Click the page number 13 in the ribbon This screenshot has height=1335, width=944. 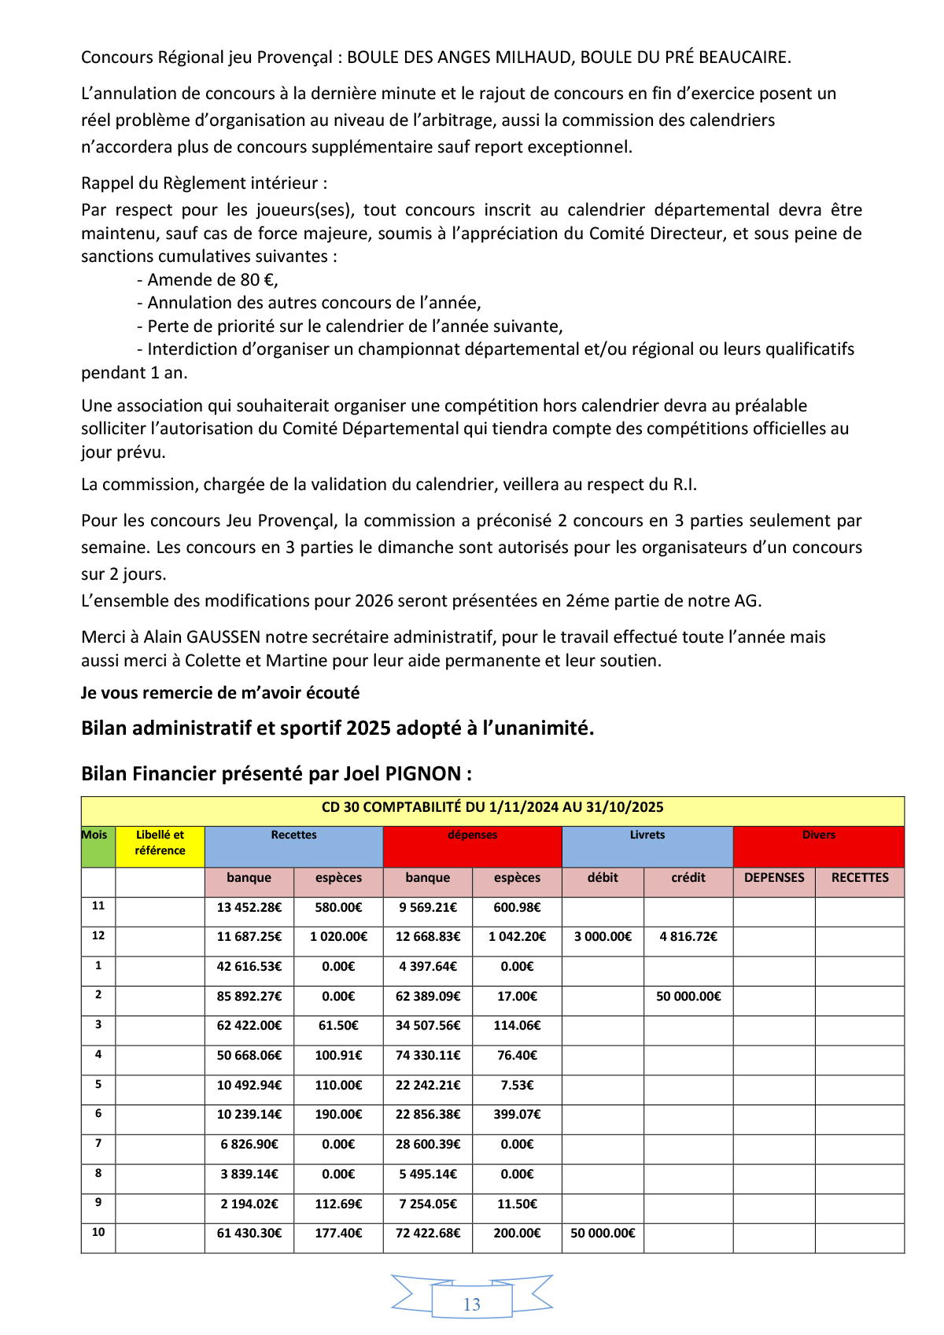[x=472, y=1304]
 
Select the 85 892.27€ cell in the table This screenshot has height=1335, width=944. [x=249, y=996]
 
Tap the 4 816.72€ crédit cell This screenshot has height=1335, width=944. [x=688, y=936]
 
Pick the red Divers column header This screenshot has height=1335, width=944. [x=818, y=835]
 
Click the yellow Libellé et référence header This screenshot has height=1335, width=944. [x=160, y=843]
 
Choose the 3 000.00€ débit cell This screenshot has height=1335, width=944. [x=603, y=936]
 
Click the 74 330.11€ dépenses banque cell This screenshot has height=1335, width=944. [x=428, y=1055]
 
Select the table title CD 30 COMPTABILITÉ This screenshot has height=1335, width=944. [x=492, y=807]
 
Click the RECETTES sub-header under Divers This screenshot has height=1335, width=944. [x=860, y=877]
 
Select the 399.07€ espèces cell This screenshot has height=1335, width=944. [x=517, y=1114]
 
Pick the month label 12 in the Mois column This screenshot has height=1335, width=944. [x=98, y=935]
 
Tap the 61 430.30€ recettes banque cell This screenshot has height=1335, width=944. [x=249, y=1233]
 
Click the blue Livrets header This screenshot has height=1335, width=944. [x=647, y=835]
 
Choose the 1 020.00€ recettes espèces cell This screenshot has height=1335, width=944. [x=338, y=936]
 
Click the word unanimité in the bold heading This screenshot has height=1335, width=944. [x=539, y=728]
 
